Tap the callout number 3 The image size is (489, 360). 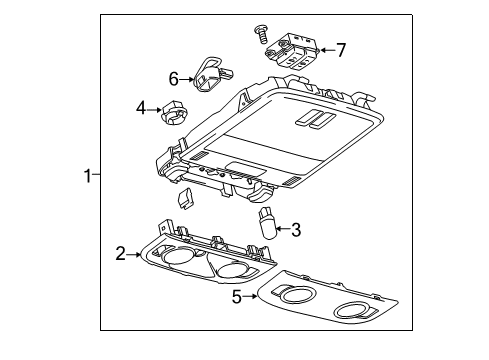point(297,230)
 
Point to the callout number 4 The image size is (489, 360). point(141,106)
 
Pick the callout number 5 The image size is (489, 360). point(237,296)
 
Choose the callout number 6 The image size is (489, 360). point(173,78)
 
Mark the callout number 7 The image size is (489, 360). point(341,49)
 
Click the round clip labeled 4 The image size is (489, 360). point(174,114)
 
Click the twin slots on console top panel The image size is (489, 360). point(314,119)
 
